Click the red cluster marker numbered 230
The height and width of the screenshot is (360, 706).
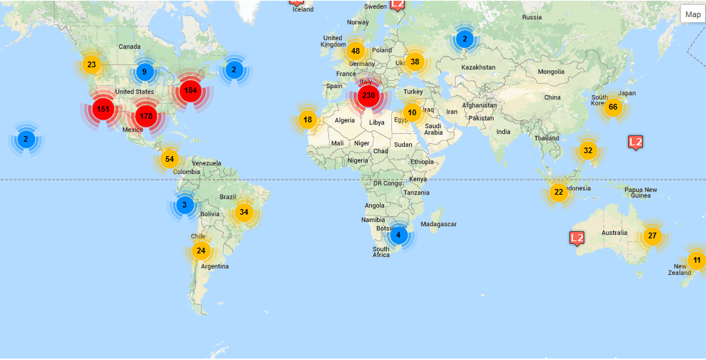click(x=368, y=95)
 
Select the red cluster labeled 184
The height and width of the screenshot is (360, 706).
click(x=190, y=91)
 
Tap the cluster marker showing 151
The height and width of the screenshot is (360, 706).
click(x=103, y=110)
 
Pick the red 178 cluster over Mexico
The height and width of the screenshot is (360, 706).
click(x=146, y=116)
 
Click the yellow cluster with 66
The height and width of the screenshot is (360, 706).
click(x=612, y=107)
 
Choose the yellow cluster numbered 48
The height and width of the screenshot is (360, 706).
click(x=356, y=51)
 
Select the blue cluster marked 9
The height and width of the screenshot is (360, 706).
click(x=144, y=72)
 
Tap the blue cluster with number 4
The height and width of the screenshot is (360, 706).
click(x=398, y=234)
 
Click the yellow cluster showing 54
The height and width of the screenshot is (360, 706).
click(x=169, y=159)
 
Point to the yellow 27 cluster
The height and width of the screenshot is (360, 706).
click(x=652, y=235)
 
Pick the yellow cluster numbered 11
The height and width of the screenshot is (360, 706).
click(x=697, y=260)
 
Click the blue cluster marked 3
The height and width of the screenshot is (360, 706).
click(x=185, y=205)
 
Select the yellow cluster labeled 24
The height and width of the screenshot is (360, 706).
click(x=201, y=250)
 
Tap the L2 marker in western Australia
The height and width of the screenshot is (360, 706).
click(x=577, y=238)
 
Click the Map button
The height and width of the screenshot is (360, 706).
click(x=692, y=14)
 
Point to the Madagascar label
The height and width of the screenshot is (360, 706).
click(x=438, y=224)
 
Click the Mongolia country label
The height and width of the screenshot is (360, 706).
click(x=551, y=72)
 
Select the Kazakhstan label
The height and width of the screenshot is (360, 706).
click(x=479, y=67)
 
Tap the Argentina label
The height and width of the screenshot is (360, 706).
click(x=215, y=266)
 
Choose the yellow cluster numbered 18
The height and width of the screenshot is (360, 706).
click(x=308, y=120)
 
